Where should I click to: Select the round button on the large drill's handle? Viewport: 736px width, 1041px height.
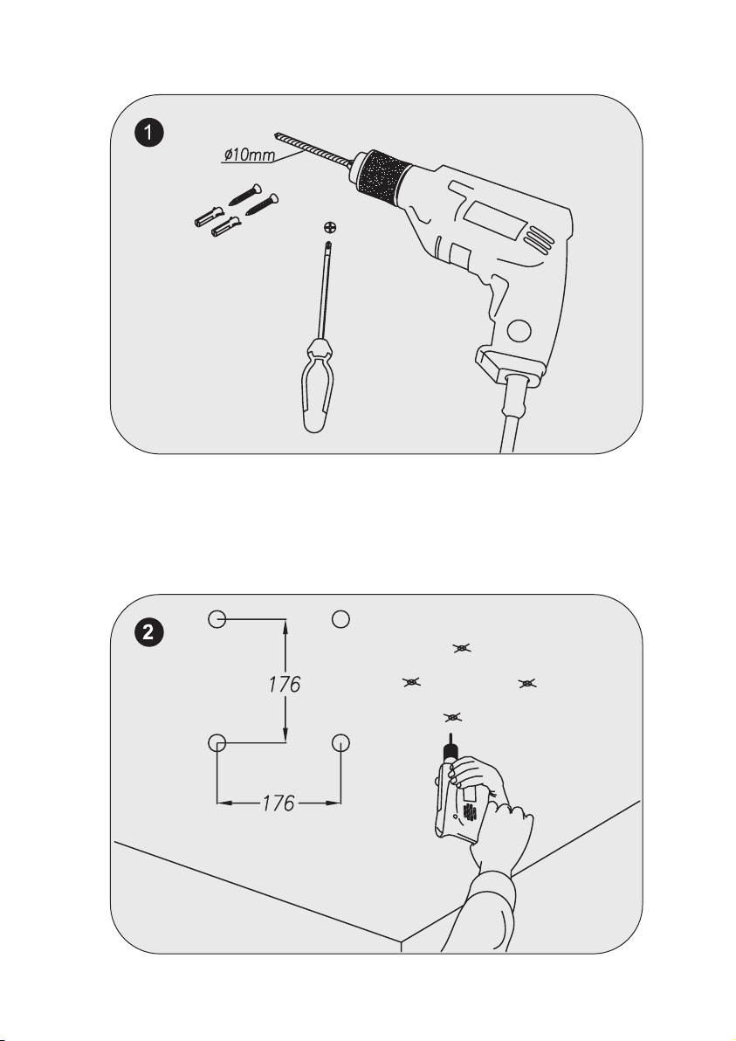[521, 330]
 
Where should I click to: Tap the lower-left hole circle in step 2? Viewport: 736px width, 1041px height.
[217, 743]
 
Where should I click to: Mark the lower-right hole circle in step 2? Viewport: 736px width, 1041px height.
[340, 743]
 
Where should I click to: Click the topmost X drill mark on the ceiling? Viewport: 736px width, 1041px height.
[461, 648]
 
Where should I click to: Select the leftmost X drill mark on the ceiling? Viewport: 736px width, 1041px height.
[410, 681]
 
